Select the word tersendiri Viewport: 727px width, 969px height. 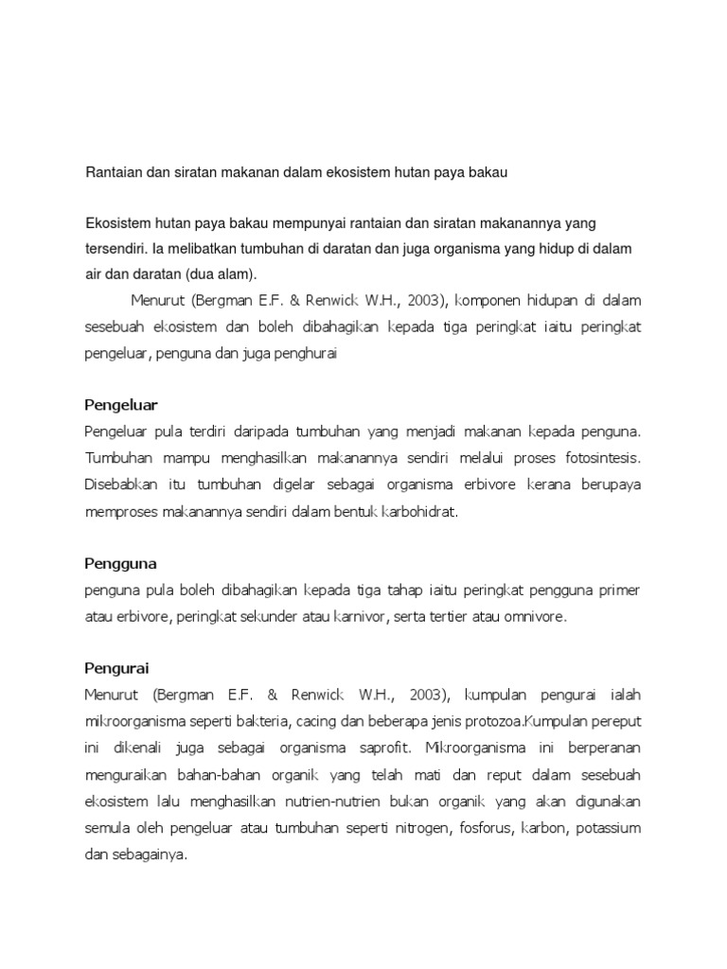(116, 248)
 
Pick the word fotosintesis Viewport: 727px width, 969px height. (599, 459)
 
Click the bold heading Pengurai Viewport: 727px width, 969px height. (116, 668)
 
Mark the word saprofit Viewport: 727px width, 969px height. (381, 749)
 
